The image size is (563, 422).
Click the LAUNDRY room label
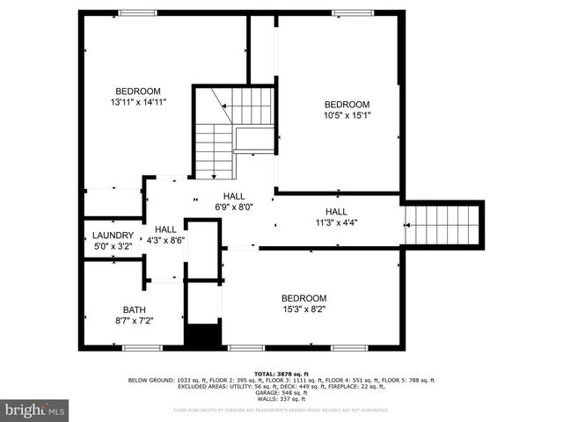(x=113, y=236)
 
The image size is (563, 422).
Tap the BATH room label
(x=135, y=309)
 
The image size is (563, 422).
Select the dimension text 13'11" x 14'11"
(x=138, y=103)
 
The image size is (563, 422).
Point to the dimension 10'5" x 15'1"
(x=347, y=115)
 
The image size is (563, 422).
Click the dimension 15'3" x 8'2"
(x=303, y=309)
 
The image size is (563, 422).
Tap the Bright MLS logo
(x=34, y=410)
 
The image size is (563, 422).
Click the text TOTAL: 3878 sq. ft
(x=281, y=375)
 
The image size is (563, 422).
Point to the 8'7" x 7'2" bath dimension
(x=135, y=321)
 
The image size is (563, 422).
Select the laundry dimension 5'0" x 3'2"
(x=113, y=247)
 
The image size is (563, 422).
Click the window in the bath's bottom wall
(x=142, y=348)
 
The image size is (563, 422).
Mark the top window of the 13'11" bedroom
(x=138, y=12)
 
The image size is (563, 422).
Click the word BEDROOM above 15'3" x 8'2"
(x=303, y=298)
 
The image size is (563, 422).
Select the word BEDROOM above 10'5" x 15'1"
(x=347, y=104)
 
